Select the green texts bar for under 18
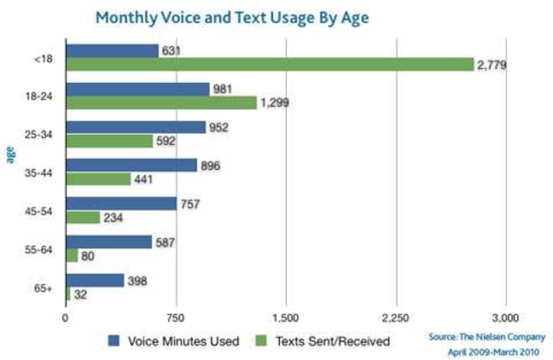click(270, 65)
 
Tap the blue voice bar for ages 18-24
click(137, 90)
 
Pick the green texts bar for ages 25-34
click(109, 141)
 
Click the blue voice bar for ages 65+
click(95, 280)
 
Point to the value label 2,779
click(493, 65)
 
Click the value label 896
click(213, 166)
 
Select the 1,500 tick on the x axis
click(285, 316)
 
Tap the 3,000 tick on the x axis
click(505, 316)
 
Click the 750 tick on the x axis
click(175, 316)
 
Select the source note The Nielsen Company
click(486, 338)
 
